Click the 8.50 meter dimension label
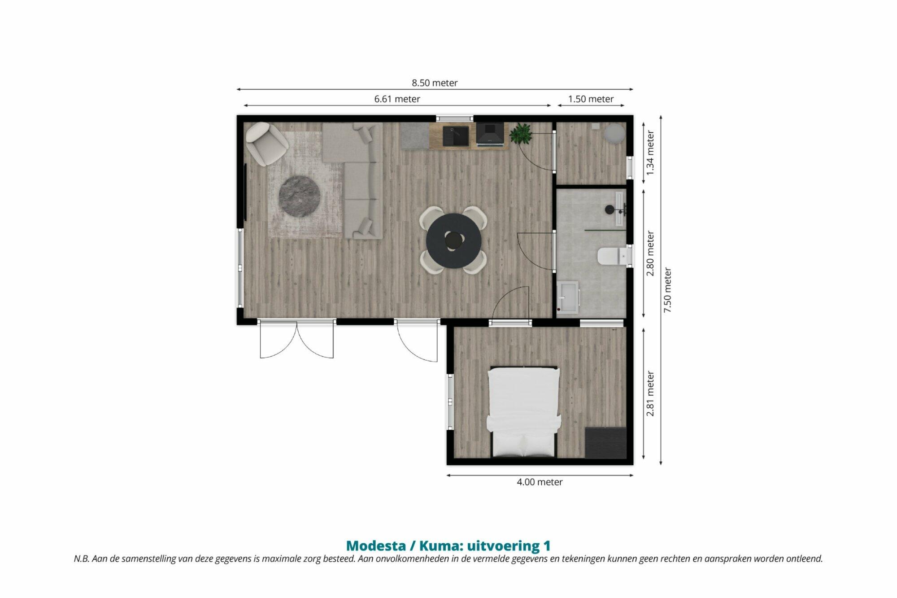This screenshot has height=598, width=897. click(435, 83)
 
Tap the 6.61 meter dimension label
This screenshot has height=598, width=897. click(397, 99)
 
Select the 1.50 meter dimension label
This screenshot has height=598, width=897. click(591, 99)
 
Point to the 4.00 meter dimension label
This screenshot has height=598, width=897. click(540, 482)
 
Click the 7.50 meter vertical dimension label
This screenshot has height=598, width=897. click(668, 290)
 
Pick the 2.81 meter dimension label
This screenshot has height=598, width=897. click(650, 394)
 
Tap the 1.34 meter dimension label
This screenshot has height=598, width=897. click(650, 153)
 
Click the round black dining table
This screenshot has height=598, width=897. click(453, 241)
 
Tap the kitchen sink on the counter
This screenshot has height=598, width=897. click(456, 136)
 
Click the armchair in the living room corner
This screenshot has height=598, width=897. click(266, 143)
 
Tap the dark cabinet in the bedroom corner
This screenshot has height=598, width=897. click(605, 443)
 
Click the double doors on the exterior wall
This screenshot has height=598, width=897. click(297, 338)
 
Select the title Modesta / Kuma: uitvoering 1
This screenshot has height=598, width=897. click(448, 546)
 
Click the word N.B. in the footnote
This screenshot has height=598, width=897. click(81, 559)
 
